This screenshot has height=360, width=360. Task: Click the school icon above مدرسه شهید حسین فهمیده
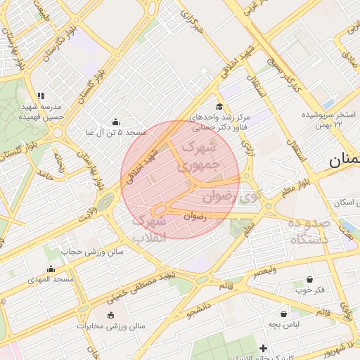click(41, 96)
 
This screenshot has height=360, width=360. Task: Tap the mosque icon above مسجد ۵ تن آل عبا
click(115, 122)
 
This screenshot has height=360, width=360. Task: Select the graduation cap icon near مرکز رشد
click(220, 106)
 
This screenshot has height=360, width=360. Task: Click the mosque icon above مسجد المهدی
click(50, 269)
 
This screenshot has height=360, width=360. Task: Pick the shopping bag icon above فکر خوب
click(310, 279)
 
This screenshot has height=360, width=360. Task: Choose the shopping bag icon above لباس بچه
click(284, 314)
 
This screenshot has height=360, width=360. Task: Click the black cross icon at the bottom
click(264, 348)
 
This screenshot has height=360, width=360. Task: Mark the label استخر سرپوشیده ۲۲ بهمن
click(330, 119)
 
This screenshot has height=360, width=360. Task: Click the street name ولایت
click(84, 208)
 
